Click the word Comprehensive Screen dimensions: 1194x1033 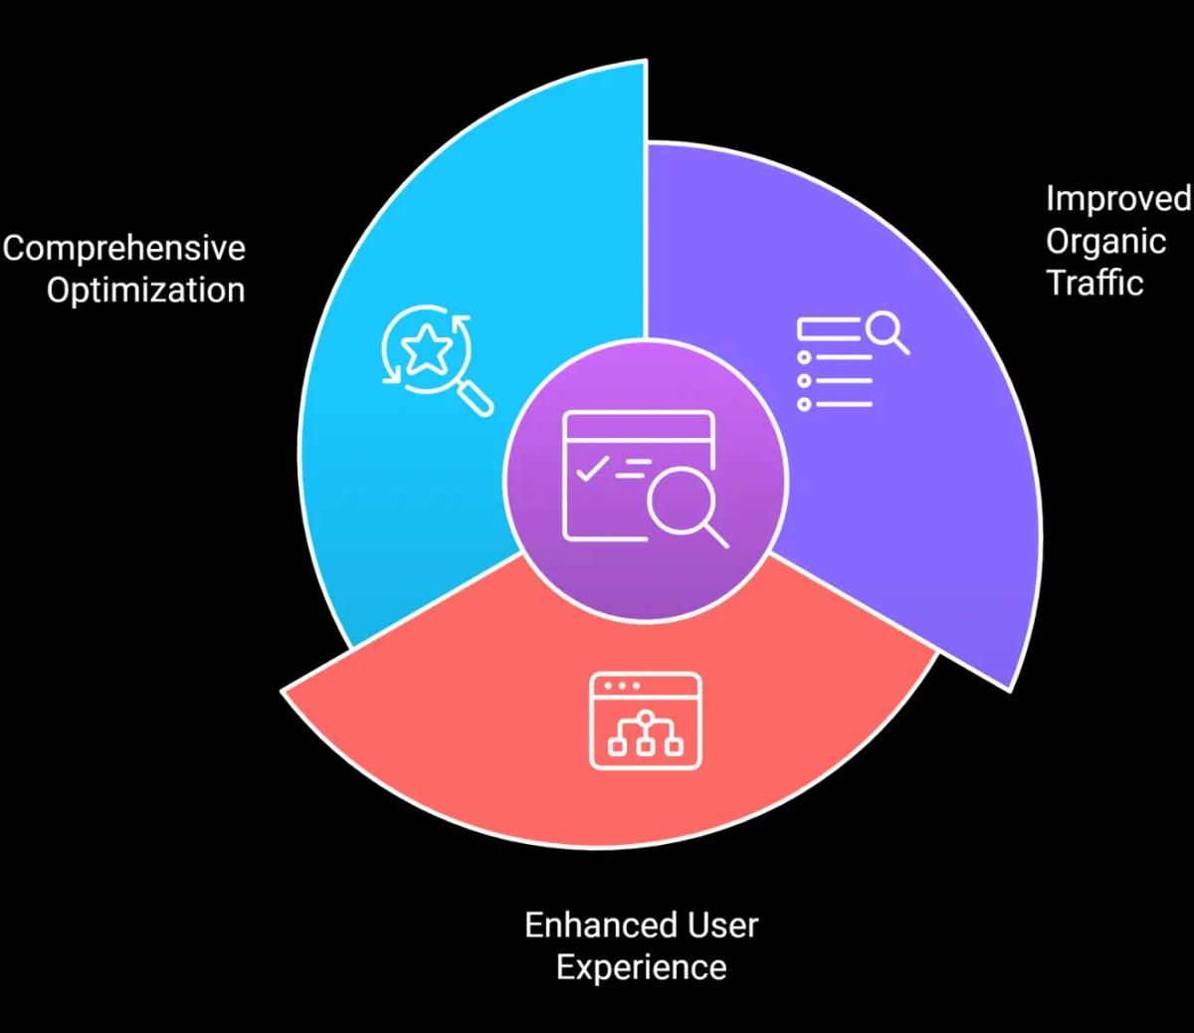coord(123,248)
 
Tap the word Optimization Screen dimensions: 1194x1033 coord(145,291)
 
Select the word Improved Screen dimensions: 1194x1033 coord(1117,198)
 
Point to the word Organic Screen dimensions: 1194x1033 coord(1105,241)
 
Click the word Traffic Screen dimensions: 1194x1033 coord(1094,283)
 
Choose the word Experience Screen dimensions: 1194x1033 coord(641,967)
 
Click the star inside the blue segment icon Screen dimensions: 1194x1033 coord(427,348)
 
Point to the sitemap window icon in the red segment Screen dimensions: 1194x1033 coord(646,721)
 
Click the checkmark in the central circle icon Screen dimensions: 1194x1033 coord(589,468)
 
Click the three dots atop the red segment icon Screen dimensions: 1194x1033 coord(622,687)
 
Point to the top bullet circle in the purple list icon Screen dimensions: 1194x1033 coord(804,356)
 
